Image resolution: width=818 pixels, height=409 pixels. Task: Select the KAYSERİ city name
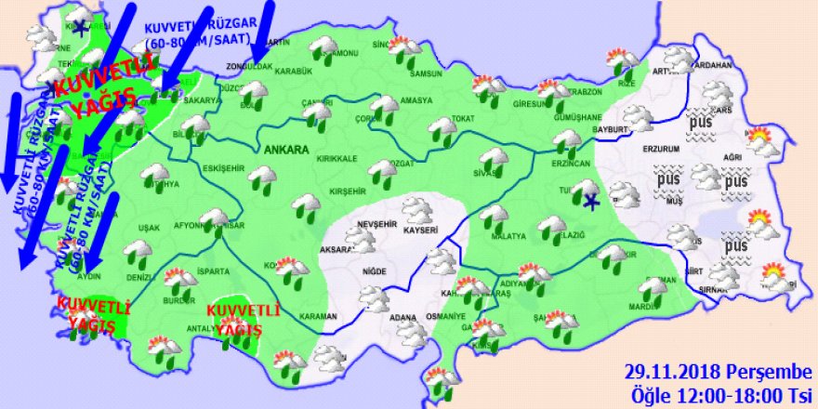click(x=421, y=228)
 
